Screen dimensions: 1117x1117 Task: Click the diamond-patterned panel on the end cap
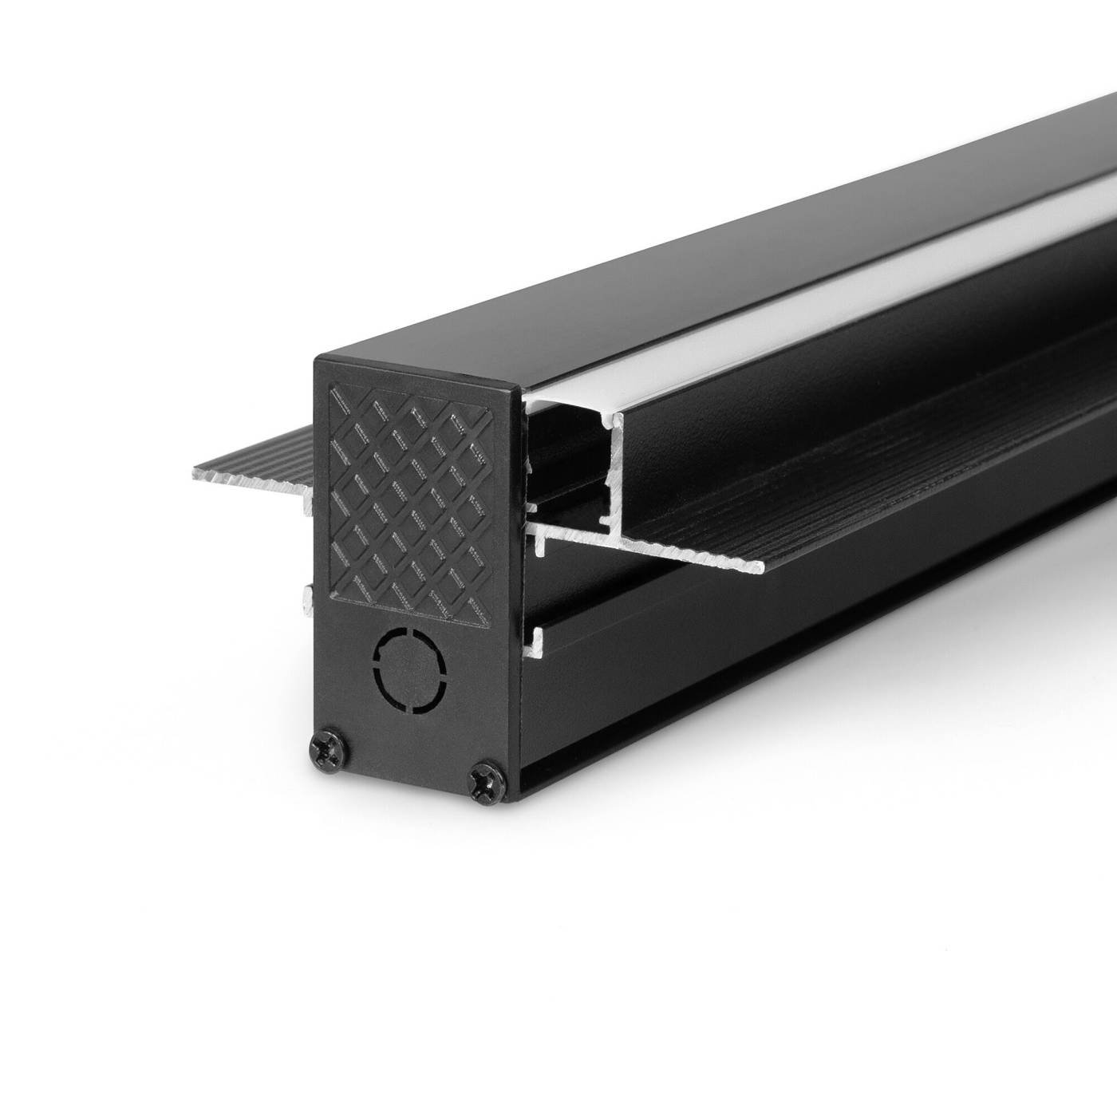tap(409, 503)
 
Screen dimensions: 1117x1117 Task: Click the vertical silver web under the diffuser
tap(614, 479)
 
